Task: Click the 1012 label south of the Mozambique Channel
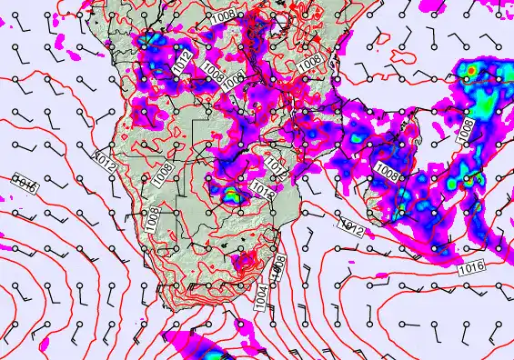click(x=350, y=225)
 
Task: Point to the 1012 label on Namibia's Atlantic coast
click(x=105, y=161)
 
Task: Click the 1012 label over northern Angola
click(x=181, y=65)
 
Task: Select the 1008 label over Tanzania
click(x=310, y=60)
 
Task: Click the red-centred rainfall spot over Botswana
click(x=233, y=194)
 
